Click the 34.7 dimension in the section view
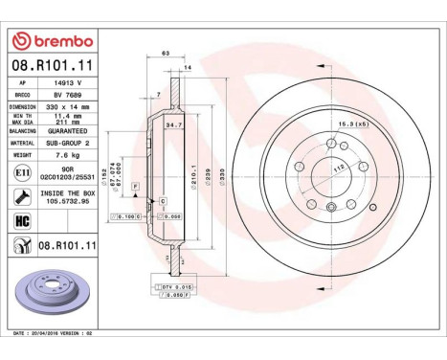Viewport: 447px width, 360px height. tap(173, 124)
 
